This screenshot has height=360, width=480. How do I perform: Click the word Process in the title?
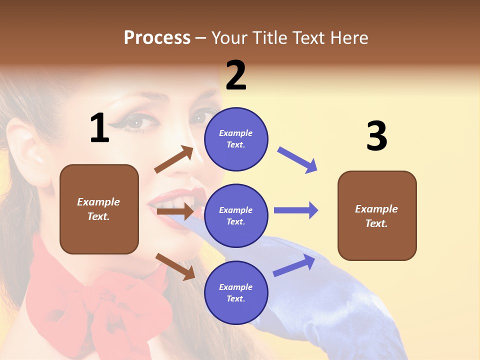[x=157, y=38]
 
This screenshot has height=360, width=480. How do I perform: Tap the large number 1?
[x=99, y=128]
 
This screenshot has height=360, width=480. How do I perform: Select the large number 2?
[x=236, y=75]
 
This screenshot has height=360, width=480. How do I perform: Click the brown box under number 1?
[x=99, y=209]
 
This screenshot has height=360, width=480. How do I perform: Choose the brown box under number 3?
[x=377, y=215]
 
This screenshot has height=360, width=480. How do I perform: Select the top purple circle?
[x=236, y=138]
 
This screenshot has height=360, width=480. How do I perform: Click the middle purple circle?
[x=236, y=215]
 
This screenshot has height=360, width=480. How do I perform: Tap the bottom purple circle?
[x=236, y=292]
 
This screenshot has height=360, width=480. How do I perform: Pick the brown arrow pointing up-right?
[x=174, y=159]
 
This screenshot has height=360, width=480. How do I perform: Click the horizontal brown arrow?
[x=175, y=211]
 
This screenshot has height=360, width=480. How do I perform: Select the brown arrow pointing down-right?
[x=175, y=266]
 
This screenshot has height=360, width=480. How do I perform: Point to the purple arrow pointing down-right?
[x=297, y=160]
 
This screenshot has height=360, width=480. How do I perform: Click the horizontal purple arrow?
[x=296, y=210]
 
